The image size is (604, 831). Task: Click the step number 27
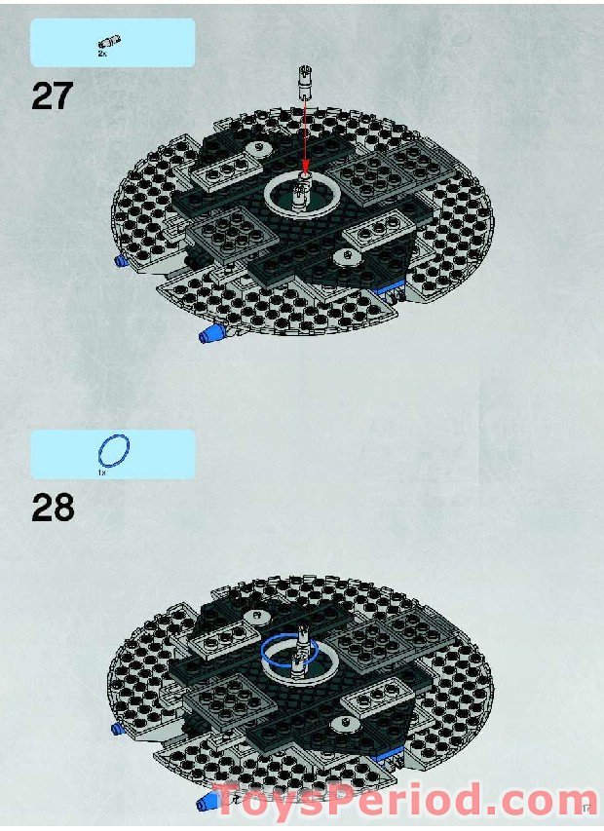53,95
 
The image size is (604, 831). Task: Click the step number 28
53,508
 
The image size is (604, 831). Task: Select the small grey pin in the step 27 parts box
110,42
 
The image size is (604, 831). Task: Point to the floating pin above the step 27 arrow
305,77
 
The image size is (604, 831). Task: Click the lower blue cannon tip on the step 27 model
209,334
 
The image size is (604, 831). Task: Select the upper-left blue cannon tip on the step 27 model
122,261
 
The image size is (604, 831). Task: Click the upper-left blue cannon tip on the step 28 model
118,727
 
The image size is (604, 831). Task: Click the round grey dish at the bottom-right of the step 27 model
344,255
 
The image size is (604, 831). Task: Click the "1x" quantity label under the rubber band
101,472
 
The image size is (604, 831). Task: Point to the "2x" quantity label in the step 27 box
102,55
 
